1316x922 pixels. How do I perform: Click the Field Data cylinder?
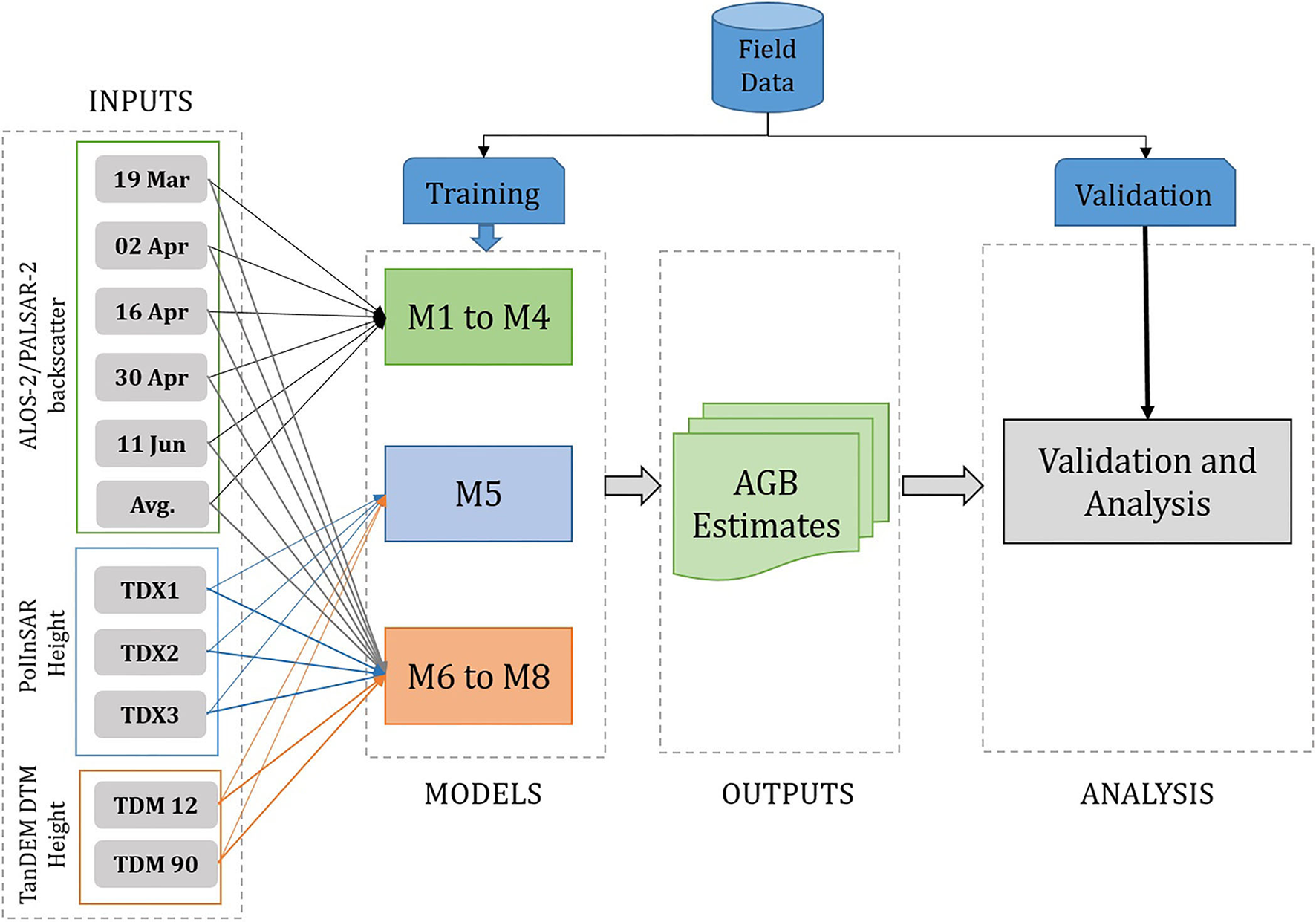click(767, 59)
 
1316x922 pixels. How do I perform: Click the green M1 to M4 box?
click(478, 316)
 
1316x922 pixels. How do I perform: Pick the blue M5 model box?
click(478, 493)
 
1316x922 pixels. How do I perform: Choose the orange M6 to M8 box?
click(478, 675)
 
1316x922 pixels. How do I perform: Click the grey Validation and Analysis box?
click(1147, 481)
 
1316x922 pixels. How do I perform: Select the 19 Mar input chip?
click(152, 179)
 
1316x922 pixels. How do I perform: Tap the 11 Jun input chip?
click(152, 444)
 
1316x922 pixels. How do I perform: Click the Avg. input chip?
click(152, 505)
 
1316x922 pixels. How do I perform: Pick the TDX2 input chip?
click(150, 652)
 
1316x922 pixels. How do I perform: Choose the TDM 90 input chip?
click(156, 864)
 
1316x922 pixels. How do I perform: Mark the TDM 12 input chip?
click(156, 805)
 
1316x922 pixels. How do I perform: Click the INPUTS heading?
click(140, 101)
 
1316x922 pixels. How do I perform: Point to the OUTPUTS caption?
click(788, 794)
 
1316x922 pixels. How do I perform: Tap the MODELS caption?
click(483, 794)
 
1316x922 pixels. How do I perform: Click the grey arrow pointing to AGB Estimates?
click(632, 486)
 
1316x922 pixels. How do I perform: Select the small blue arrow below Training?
click(486, 237)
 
